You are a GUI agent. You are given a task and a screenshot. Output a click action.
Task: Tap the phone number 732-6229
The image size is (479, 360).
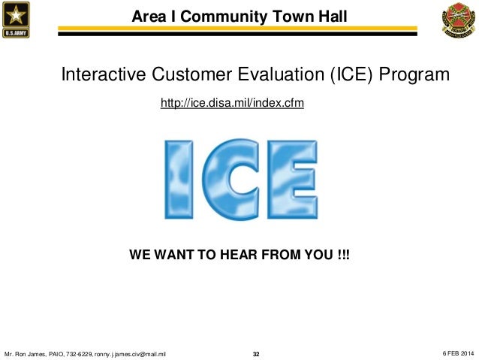[x=79, y=353]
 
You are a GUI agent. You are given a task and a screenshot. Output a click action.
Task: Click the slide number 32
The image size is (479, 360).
[x=255, y=353]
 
